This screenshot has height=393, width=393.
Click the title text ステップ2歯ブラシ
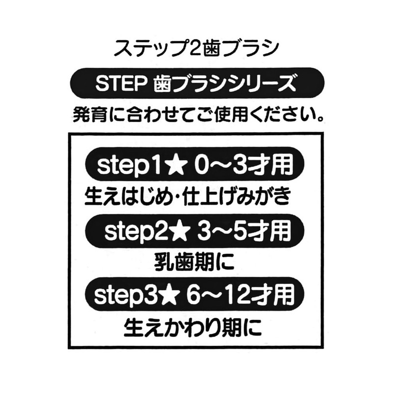click(196, 48)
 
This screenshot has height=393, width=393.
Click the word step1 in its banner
click(129, 166)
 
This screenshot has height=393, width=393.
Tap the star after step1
click(177, 165)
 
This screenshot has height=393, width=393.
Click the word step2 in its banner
click(136, 231)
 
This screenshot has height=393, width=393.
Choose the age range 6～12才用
click(241, 295)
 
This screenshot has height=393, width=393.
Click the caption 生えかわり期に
click(193, 328)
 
